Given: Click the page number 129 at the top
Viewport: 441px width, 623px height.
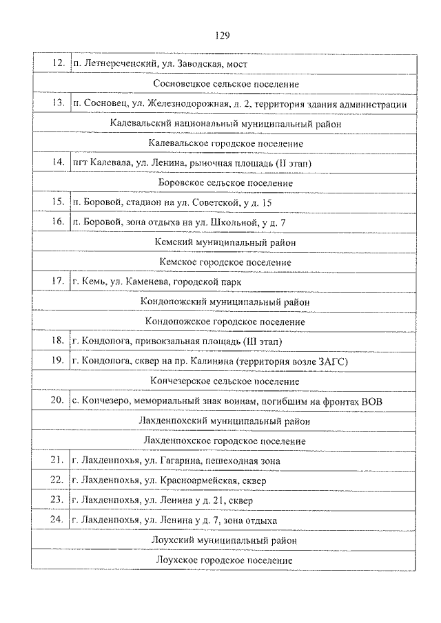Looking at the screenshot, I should coord(221,35).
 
